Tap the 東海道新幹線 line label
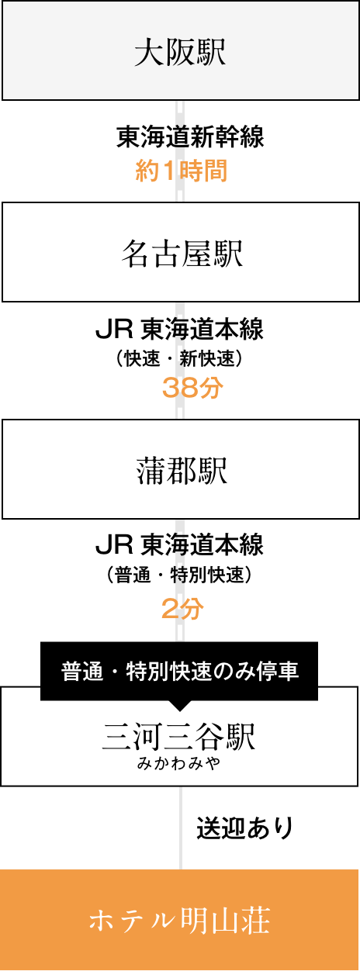pos(190,136)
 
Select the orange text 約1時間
pos(182,171)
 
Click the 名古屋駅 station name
pos(182,254)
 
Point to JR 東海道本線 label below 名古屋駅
pos(179,330)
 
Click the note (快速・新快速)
pos(179,358)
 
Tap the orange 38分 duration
pos(192,387)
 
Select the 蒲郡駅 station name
pos(182,472)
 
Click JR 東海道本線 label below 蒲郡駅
pos(179,545)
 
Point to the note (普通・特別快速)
pos(179,575)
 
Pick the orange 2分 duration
pos(182,608)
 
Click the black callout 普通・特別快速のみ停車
pos(179,671)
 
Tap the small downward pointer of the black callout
pos(179,706)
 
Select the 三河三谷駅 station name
pos(178,737)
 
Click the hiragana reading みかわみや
pos(178,763)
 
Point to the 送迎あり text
pos(245,828)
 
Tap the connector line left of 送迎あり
pos(181,828)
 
